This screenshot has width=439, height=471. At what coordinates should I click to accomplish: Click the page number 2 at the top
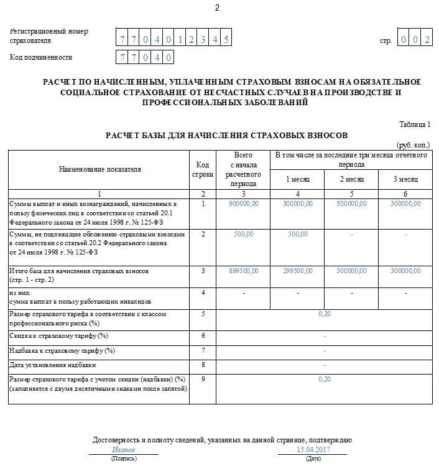[x=217, y=8]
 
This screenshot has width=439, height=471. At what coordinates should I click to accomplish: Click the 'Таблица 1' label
[x=414, y=124]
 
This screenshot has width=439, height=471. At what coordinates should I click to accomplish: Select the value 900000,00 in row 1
[x=244, y=204]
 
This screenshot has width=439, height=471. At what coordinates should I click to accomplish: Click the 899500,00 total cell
[x=244, y=271]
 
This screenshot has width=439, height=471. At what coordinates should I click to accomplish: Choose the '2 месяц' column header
[x=352, y=179]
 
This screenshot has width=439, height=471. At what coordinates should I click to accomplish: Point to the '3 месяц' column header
[x=405, y=179]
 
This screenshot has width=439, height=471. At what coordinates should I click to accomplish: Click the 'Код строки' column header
[x=202, y=169]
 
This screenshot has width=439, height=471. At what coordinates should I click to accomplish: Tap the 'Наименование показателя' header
[x=99, y=169]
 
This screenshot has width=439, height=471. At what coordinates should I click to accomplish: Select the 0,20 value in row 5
[x=325, y=314]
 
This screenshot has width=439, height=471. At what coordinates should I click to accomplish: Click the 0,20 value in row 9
[x=325, y=378]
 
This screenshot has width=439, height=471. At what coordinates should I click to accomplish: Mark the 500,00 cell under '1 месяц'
[x=297, y=234]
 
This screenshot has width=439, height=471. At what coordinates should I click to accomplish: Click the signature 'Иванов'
[x=123, y=449]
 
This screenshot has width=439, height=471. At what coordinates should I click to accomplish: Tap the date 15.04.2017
[x=313, y=449]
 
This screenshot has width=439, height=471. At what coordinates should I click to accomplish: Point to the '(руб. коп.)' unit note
[x=413, y=145]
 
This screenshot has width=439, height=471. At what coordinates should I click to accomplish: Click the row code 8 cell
[x=203, y=365]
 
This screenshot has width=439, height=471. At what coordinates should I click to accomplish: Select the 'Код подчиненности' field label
[x=41, y=57]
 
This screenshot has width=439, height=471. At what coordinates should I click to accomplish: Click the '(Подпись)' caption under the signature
[x=124, y=459]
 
